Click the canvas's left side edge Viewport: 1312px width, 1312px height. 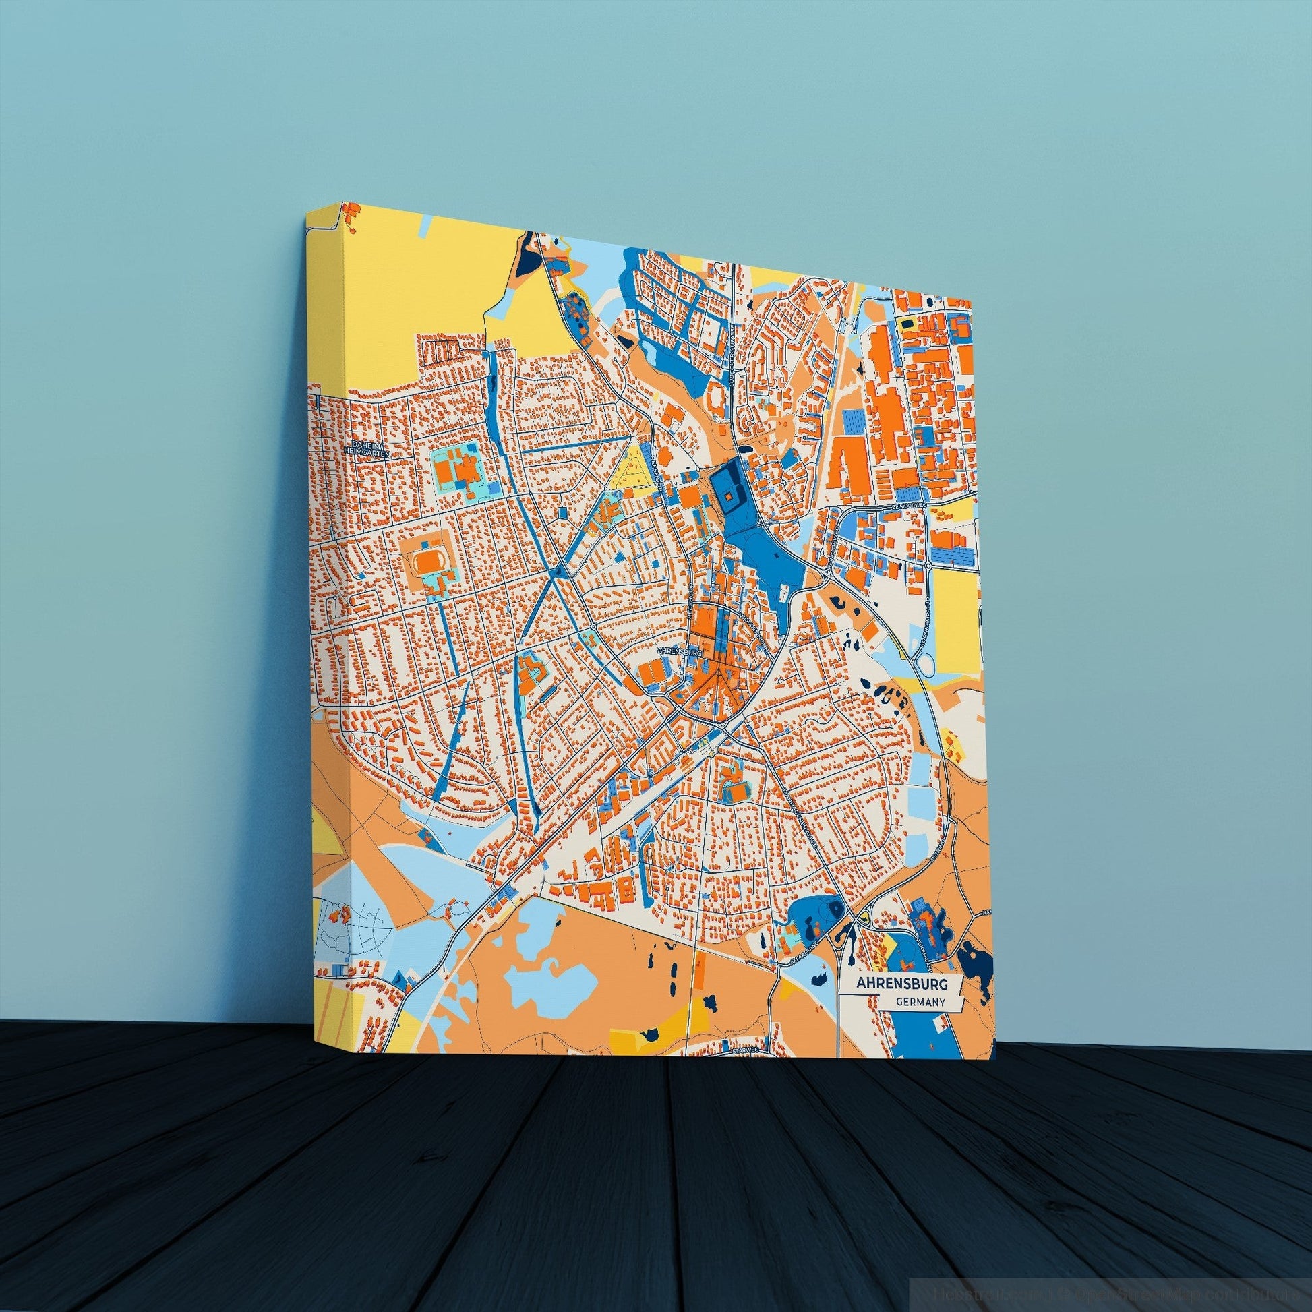[330, 612]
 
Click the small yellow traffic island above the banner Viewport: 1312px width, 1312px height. [864, 916]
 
